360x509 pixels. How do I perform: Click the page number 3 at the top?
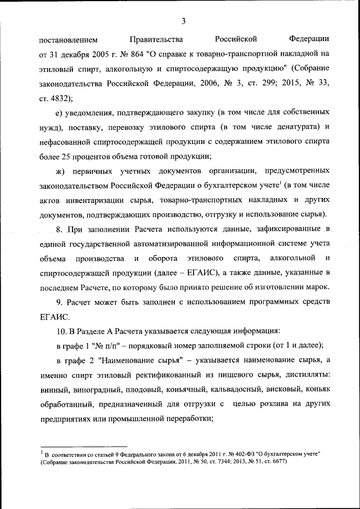pos(183,21)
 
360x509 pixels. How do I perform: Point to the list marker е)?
pos(61,112)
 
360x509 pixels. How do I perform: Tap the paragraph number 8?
pos(59,229)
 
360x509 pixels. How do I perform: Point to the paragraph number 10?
pos(61,332)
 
